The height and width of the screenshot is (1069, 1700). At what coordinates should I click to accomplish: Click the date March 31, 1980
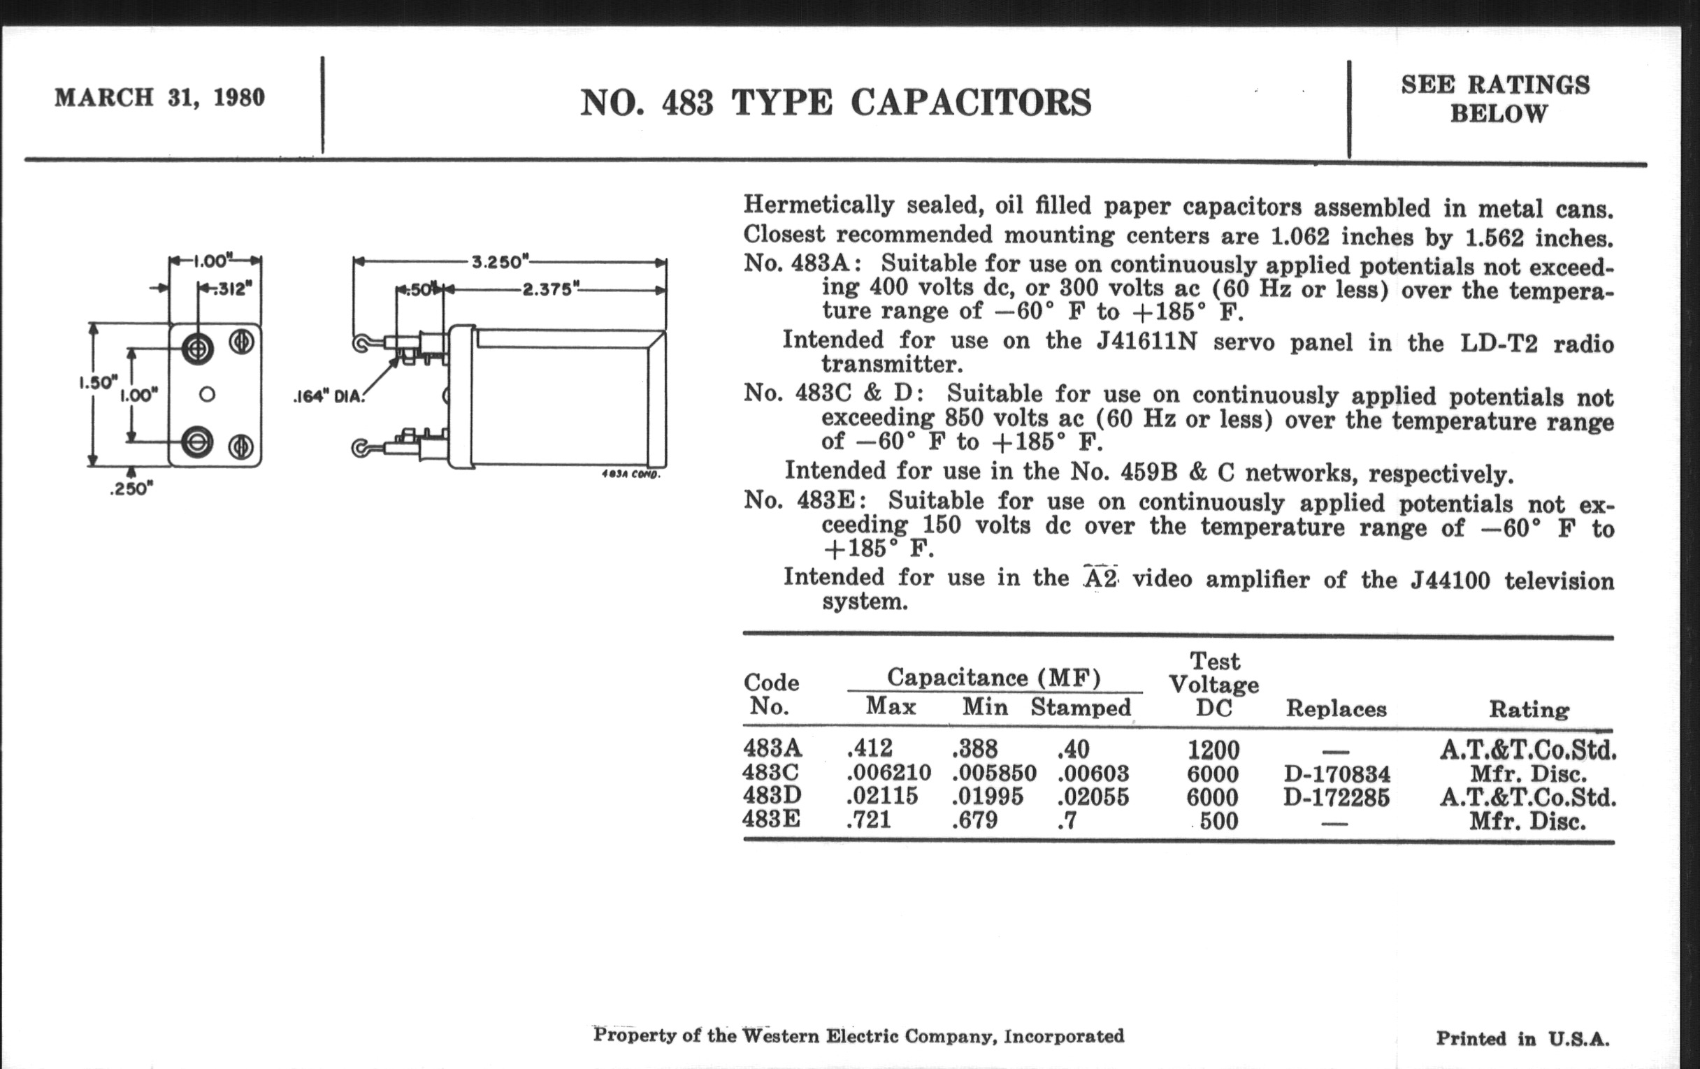[159, 97]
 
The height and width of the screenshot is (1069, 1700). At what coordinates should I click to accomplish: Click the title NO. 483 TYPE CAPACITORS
[835, 103]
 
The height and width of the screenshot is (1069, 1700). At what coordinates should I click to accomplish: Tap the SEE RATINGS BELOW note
[1495, 99]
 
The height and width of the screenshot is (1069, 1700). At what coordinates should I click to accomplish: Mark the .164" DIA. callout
[329, 397]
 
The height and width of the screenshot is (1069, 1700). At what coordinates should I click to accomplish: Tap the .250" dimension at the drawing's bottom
[131, 488]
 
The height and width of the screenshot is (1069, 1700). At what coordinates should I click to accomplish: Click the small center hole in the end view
[207, 395]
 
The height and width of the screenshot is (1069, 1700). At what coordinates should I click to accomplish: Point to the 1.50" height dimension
[96, 382]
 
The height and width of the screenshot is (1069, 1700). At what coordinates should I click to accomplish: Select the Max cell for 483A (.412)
[870, 748]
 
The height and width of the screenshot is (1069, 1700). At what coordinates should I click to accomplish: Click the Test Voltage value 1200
[1213, 750]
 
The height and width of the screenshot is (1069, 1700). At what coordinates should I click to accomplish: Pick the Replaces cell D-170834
[1337, 774]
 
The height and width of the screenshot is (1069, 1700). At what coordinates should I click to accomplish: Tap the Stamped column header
[1080, 707]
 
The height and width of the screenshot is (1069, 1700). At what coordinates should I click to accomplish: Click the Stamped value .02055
[1093, 797]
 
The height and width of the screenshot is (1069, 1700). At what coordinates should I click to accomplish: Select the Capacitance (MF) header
[993, 678]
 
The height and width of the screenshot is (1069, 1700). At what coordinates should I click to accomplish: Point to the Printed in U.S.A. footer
[1522, 1039]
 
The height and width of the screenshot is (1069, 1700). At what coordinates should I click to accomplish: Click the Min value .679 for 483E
[975, 820]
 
